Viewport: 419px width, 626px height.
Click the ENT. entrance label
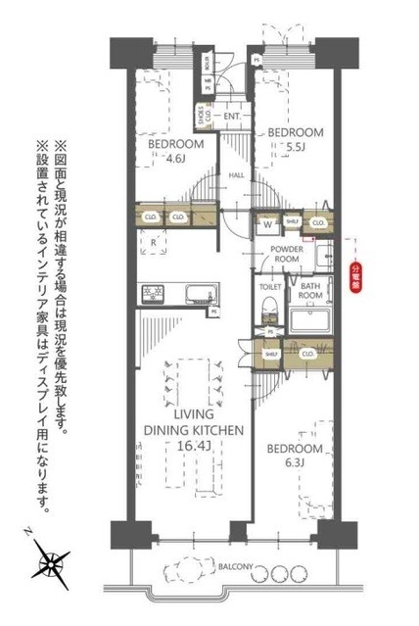click(232, 117)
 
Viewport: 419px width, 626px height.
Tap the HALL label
click(236, 175)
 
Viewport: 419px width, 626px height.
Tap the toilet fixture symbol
click(270, 312)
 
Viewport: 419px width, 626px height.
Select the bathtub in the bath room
click(309, 319)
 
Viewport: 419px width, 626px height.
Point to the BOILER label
click(208, 63)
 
